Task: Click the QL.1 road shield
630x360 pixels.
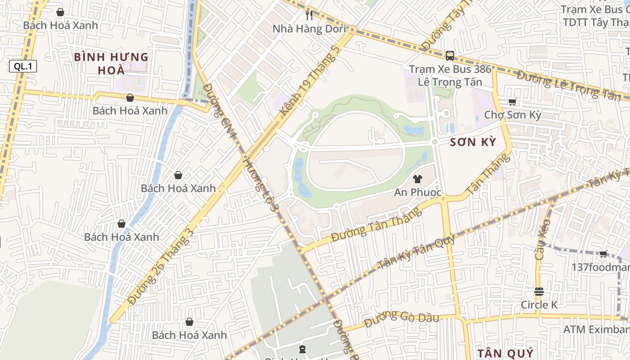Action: click(22, 67)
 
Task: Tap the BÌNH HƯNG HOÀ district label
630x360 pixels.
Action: click(111, 63)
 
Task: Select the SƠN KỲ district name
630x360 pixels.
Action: click(473, 143)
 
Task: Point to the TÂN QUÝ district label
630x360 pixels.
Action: click(505, 353)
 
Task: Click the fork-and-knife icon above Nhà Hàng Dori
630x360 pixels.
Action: click(309, 15)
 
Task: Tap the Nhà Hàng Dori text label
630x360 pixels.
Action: click(309, 29)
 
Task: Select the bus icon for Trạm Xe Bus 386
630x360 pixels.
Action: click(450, 56)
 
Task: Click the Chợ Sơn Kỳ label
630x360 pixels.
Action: click(512, 115)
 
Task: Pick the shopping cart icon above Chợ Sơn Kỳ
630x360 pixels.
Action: click(512, 102)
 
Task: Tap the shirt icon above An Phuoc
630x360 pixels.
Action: click(417, 179)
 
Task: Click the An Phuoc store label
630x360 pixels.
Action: click(417, 193)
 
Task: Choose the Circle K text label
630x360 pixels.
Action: click(539, 305)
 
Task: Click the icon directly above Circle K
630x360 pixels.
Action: click(539, 291)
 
